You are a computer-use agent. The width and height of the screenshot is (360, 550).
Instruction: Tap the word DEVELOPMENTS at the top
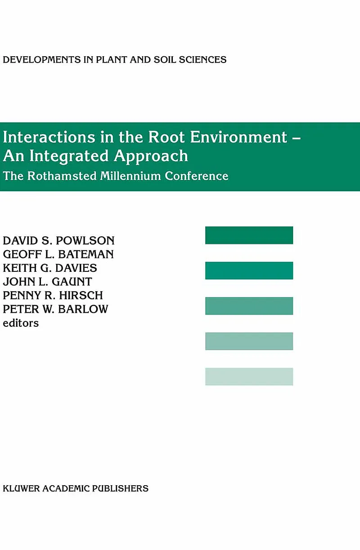coord(42,60)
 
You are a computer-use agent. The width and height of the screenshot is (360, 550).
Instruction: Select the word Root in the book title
coord(166,137)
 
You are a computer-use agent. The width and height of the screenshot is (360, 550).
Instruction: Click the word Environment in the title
coord(238,137)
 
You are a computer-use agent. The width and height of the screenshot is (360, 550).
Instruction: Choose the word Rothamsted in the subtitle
coord(62,176)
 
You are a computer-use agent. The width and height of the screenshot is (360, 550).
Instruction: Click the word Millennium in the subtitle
coord(130,176)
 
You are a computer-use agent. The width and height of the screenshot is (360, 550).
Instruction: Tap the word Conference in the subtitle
coord(197,176)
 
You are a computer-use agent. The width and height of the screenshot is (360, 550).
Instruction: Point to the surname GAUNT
coord(72,282)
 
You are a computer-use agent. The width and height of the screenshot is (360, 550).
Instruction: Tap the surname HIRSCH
coord(81,295)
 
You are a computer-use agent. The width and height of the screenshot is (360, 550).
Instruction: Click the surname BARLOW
coord(83,309)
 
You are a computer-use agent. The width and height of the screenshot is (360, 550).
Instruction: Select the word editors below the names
coord(21,323)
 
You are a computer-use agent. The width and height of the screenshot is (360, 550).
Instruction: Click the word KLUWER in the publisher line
coord(21,488)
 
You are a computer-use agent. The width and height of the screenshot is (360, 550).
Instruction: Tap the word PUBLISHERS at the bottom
coord(120,488)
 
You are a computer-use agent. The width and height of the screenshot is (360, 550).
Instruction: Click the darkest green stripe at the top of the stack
coord(249,235)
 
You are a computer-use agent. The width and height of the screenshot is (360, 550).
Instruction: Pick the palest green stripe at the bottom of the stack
coord(249,376)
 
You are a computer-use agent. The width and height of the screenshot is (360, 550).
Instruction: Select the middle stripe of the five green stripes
coord(249,306)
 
